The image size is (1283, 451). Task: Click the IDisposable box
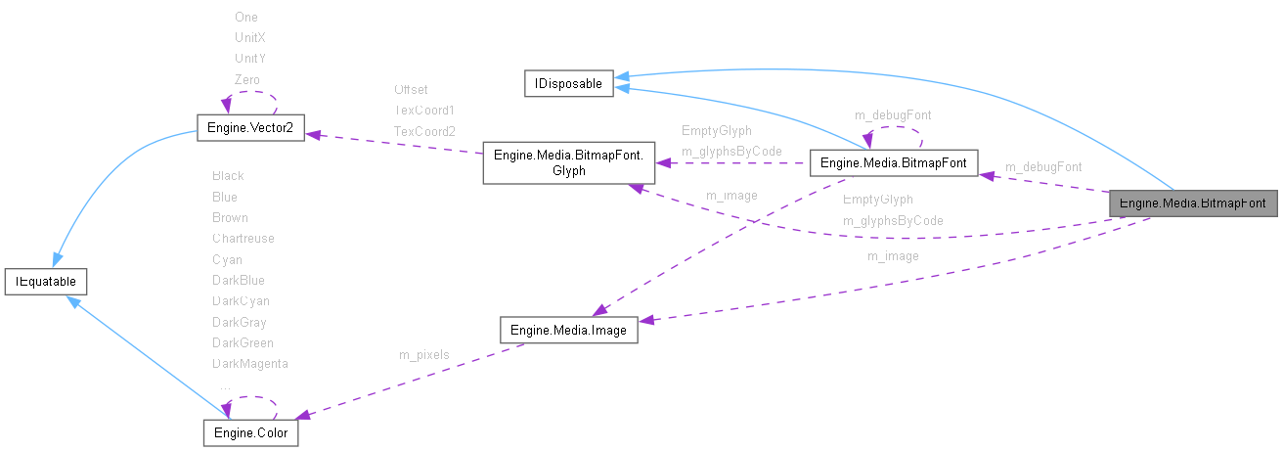(x=568, y=84)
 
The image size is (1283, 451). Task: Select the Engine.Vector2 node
(x=250, y=128)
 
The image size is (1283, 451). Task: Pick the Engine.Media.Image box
(x=568, y=330)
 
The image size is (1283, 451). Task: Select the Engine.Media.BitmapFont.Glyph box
(x=568, y=163)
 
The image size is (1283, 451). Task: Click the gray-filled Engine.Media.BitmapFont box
(x=1192, y=203)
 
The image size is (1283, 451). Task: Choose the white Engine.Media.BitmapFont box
(x=894, y=163)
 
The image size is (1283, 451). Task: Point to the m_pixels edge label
(x=423, y=354)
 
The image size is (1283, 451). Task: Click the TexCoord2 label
(x=424, y=131)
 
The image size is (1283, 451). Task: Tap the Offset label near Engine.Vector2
(x=411, y=89)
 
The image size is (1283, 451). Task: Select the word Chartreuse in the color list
(x=243, y=238)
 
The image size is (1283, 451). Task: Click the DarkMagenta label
(x=249, y=364)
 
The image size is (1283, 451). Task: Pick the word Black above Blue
(x=228, y=175)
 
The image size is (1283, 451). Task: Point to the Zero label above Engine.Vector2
(x=246, y=79)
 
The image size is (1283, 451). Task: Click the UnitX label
(x=249, y=37)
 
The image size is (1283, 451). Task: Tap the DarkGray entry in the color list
(x=239, y=322)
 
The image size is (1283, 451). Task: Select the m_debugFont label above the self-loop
(x=885, y=114)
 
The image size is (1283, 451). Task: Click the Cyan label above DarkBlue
(x=227, y=259)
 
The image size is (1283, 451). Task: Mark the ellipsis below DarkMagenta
(x=225, y=385)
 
